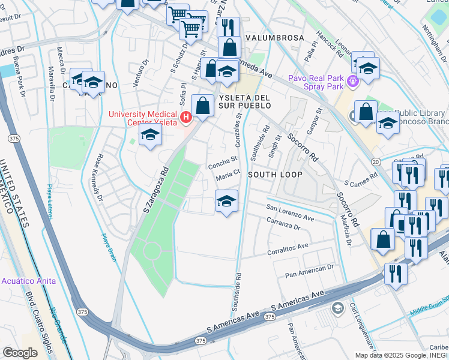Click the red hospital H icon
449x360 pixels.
click(x=186, y=117)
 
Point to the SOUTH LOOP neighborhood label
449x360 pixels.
click(x=274, y=175)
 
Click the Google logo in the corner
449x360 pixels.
click(x=19, y=353)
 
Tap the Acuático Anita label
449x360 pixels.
click(x=28, y=281)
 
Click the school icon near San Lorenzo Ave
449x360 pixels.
click(x=226, y=202)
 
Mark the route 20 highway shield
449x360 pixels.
click(x=376, y=162)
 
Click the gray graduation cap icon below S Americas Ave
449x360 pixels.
click(x=338, y=308)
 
